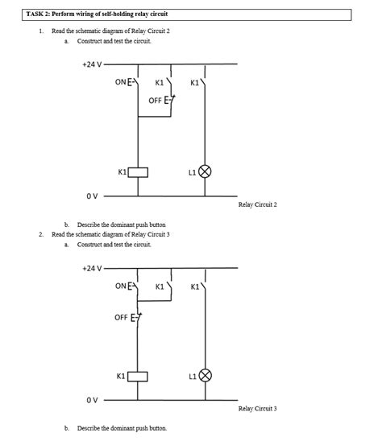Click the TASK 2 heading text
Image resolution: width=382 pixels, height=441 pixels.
(x=97, y=14)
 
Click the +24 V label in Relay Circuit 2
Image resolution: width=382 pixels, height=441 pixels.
(x=91, y=64)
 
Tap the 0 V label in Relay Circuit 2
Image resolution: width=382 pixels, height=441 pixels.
(x=92, y=195)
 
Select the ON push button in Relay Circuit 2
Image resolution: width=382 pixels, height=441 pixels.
(x=137, y=81)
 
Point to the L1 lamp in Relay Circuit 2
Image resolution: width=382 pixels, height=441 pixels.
(x=205, y=172)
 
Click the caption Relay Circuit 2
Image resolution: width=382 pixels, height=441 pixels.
(x=257, y=205)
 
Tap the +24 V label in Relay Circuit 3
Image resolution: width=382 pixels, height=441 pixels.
(x=91, y=268)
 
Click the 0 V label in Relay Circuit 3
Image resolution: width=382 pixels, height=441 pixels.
(x=92, y=399)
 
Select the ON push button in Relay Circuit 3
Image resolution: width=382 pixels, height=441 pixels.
(x=137, y=286)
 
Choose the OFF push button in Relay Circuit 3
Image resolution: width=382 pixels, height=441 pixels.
(x=138, y=317)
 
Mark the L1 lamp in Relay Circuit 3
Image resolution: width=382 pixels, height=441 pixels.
(x=205, y=376)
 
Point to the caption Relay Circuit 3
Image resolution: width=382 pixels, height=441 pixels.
(x=257, y=409)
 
